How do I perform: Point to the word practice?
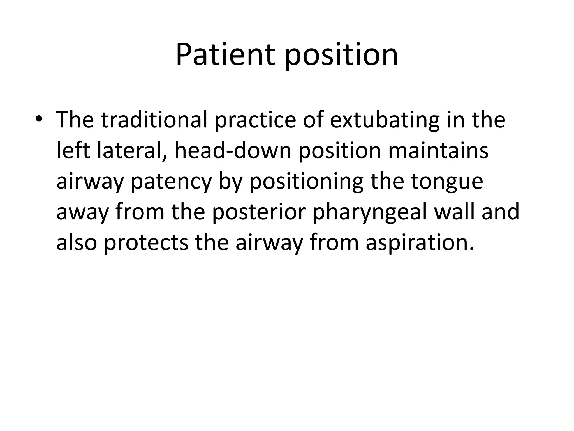coord(255,120)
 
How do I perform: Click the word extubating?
coord(384,120)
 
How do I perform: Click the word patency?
coord(171,182)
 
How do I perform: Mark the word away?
coord(82,212)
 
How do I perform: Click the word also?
coord(77,243)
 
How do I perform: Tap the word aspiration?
coord(420,243)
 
